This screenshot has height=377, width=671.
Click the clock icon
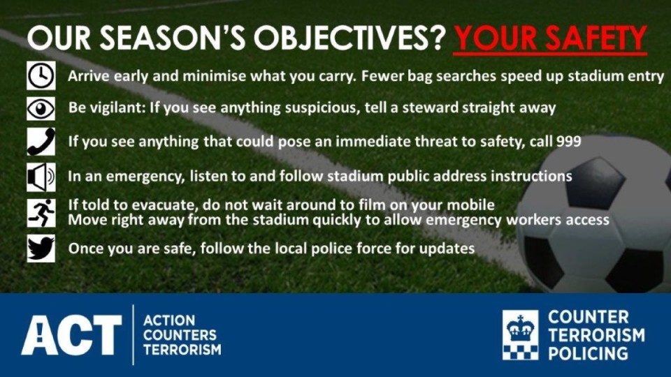click(41, 75)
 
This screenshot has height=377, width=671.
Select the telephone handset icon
click(41, 142)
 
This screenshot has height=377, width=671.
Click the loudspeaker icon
click(41, 177)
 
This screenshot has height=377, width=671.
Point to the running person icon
click(41, 212)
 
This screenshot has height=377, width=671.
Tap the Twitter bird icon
click(41, 249)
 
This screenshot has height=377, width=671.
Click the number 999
click(569, 141)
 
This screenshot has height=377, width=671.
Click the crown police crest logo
click(520, 334)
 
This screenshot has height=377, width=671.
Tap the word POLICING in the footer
click(588, 353)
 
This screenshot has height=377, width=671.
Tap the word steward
click(430, 108)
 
